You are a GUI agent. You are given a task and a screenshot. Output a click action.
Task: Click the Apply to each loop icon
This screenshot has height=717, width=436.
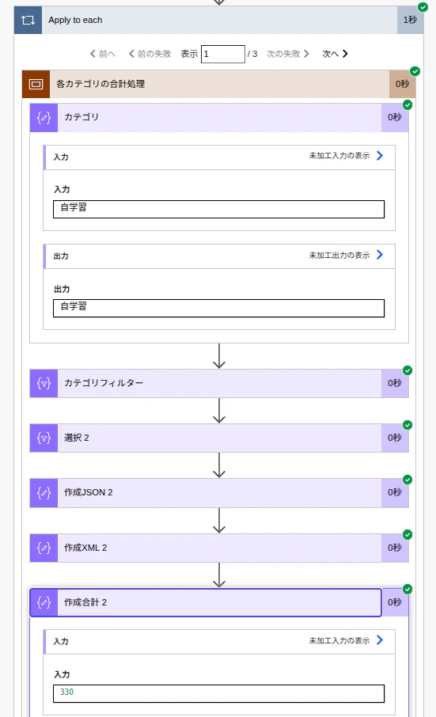[28, 20]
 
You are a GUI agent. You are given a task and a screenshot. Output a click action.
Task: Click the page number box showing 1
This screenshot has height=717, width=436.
[223, 54]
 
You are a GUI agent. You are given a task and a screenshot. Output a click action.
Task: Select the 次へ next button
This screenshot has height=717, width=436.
[335, 54]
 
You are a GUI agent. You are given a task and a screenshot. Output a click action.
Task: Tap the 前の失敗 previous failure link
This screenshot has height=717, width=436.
[150, 54]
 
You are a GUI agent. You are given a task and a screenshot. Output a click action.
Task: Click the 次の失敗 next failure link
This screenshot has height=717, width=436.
[288, 54]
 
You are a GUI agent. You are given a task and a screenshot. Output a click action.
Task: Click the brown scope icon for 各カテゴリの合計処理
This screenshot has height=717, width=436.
[36, 84]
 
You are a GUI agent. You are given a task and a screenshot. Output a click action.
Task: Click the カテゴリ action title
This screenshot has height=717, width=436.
[82, 117]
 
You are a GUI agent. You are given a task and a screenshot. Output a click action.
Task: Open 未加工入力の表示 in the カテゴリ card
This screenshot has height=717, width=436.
[346, 156]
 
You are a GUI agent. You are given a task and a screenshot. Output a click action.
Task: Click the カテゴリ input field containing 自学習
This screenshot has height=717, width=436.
[219, 210]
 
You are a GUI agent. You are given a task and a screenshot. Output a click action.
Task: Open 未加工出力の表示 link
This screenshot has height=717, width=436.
[346, 255]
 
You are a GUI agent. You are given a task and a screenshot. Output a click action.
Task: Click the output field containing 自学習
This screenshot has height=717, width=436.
[219, 308]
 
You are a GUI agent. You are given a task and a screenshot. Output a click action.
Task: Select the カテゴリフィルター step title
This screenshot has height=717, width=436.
[104, 383]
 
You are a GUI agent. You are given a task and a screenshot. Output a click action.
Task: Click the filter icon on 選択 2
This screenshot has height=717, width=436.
[44, 438]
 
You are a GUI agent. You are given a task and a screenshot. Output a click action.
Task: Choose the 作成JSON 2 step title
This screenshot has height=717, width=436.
[88, 492]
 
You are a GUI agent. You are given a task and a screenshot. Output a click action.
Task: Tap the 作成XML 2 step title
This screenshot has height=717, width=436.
[85, 548]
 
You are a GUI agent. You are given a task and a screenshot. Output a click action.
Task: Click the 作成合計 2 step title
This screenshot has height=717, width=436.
[85, 603]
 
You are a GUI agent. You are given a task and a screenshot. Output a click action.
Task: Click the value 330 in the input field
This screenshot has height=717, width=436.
[66, 692]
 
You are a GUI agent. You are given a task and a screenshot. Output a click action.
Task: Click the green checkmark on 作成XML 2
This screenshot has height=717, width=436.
[408, 534]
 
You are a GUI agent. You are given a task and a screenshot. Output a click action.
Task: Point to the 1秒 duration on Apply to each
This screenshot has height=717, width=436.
[410, 20]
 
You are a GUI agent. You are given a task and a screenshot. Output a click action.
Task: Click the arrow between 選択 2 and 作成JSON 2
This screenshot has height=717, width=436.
[219, 465]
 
